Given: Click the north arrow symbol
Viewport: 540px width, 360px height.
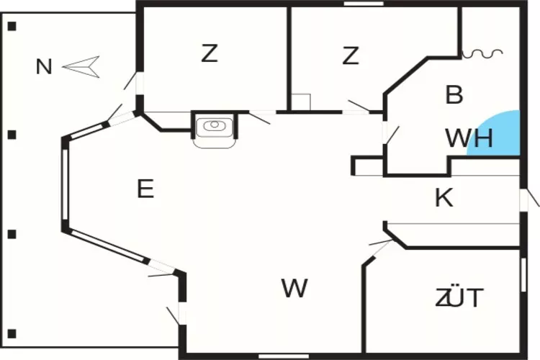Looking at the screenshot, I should coord(81,66).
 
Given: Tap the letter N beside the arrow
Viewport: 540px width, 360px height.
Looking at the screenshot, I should coord(45,67).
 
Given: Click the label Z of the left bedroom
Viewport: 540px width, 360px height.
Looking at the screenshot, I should coord(209,53).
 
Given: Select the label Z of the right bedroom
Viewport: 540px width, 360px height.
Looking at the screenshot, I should coord(351,55).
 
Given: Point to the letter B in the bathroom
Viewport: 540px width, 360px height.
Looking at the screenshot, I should coord(454,94).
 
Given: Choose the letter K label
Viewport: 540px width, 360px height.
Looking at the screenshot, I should coord(444,198).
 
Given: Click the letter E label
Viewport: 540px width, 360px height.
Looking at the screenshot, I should coord(145,189).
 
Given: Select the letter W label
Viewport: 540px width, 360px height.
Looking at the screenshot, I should coord(294,289).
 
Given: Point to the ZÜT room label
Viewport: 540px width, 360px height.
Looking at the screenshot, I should coord(459,297).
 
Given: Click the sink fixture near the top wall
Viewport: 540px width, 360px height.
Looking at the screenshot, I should coord(214,127).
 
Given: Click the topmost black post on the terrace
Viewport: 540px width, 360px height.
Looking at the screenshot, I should coord(12,27).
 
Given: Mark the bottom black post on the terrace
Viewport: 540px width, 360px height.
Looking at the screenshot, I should coord(12,334).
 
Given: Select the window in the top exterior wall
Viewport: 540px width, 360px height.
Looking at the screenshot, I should coord(363,4).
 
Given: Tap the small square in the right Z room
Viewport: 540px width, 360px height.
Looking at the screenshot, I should coord(301,102).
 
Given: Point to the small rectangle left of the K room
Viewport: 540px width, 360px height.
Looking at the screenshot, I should coord(367,166).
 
